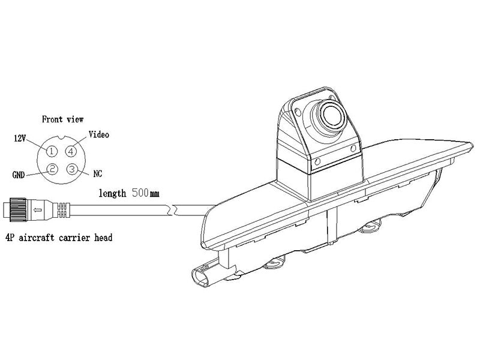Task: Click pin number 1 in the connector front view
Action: point(52,151)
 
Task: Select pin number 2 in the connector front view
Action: point(52,169)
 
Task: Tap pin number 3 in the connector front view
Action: point(72,169)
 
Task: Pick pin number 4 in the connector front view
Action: point(71,151)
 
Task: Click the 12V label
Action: point(20,139)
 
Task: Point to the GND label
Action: point(19,175)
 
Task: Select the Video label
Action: point(98,134)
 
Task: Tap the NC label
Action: point(97,173)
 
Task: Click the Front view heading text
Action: point(62,119)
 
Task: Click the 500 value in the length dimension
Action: point(140,193)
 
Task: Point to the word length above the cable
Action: point(112,193)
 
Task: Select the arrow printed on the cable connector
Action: point(37,209)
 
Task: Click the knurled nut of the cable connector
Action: point(18,209)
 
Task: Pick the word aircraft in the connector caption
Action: point(37,238)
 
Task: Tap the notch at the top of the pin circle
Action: point(62,137)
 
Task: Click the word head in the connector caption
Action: point(103,238)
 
